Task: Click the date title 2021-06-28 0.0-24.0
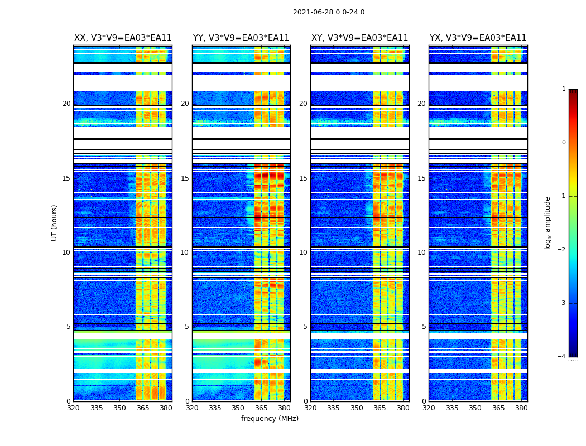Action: click(x=329, y=12)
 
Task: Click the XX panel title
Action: click(x=123, y=38)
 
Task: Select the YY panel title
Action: click(x=241, y=38)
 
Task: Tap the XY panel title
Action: click(x=359, y=38)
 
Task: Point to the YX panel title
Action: click(x=478, y=38)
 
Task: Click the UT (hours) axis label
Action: click(x=54, y=222)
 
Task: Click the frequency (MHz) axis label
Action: click(x=270, y=419)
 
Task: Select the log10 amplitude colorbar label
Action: click(x=548, y=222)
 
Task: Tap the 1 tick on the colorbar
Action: click(x=564, y=89)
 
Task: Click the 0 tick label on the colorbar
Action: click(x=564, y=143)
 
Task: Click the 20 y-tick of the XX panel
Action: click(x=66, y=104)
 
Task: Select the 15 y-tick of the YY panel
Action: click(x=185, y=178)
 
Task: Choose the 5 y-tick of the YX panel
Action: click(x=424, y=327)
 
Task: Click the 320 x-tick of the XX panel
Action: click(x=73, y=408)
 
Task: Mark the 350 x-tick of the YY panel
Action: click(x=238, y=408)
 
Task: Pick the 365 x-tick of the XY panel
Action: click(x=380, y=408)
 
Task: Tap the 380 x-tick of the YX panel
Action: click(x=521, y=408)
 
